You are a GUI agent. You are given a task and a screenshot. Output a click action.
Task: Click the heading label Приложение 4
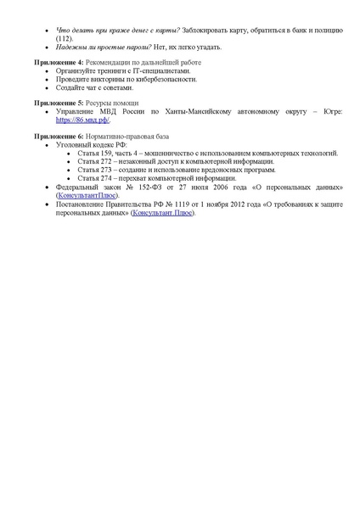(x=59, y=64)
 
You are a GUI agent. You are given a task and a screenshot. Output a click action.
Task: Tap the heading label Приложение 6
(x=59, y=136)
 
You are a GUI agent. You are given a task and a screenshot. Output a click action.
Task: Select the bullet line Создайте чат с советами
(x=95, y=87)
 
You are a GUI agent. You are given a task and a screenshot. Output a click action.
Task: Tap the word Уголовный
(x=71, y=144)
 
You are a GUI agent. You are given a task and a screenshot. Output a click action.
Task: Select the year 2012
(x=235, y=204)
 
